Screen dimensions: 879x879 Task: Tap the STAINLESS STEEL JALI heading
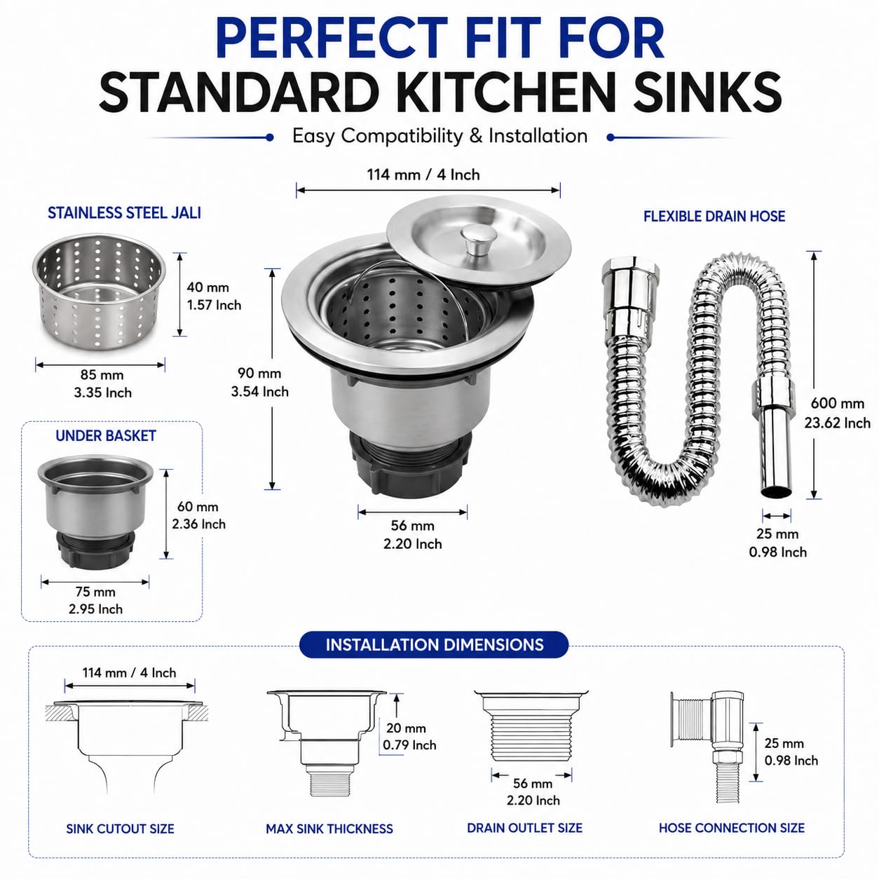pyautogui.click(x=124, y=213)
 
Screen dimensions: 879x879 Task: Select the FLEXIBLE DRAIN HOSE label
pyautogui.click(x=714, y=216)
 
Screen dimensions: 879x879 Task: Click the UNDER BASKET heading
pyautogui.click(x=106, y=435)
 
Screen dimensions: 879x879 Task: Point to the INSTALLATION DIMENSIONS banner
pyautogui.click(x=435, y=645)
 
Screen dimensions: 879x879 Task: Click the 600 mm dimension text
pyautogui.click(x=837, y=403)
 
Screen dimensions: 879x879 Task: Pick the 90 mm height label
pyautogui.click(x=259, y=373)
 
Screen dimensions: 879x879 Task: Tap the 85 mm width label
pyautogui.click(x=102, y=374)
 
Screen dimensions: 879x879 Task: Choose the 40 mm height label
pyautogui.click(x=207, y=287)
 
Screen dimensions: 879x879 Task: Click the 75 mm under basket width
pyautogui.click(x=95, y=592)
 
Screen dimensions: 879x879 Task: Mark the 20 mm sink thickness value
pyautogui.click(x=406, y=728)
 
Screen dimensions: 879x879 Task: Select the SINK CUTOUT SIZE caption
pyautogui.click(x=120, y=829)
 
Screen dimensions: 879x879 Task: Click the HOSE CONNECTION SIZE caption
pyautogui.click(x=732, y=827)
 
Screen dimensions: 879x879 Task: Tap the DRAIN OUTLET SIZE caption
pyautogui.click(x=524, y=827)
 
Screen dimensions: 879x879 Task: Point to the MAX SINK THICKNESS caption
pyautogui.click(x=329, y=829)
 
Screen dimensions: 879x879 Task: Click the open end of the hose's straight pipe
pyautogui.click(x=776, y=492)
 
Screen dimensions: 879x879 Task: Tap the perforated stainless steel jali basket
pyautogui.click(x=99, y=292)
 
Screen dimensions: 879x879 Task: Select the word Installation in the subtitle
pyautogui.click(x=538, y=136)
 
